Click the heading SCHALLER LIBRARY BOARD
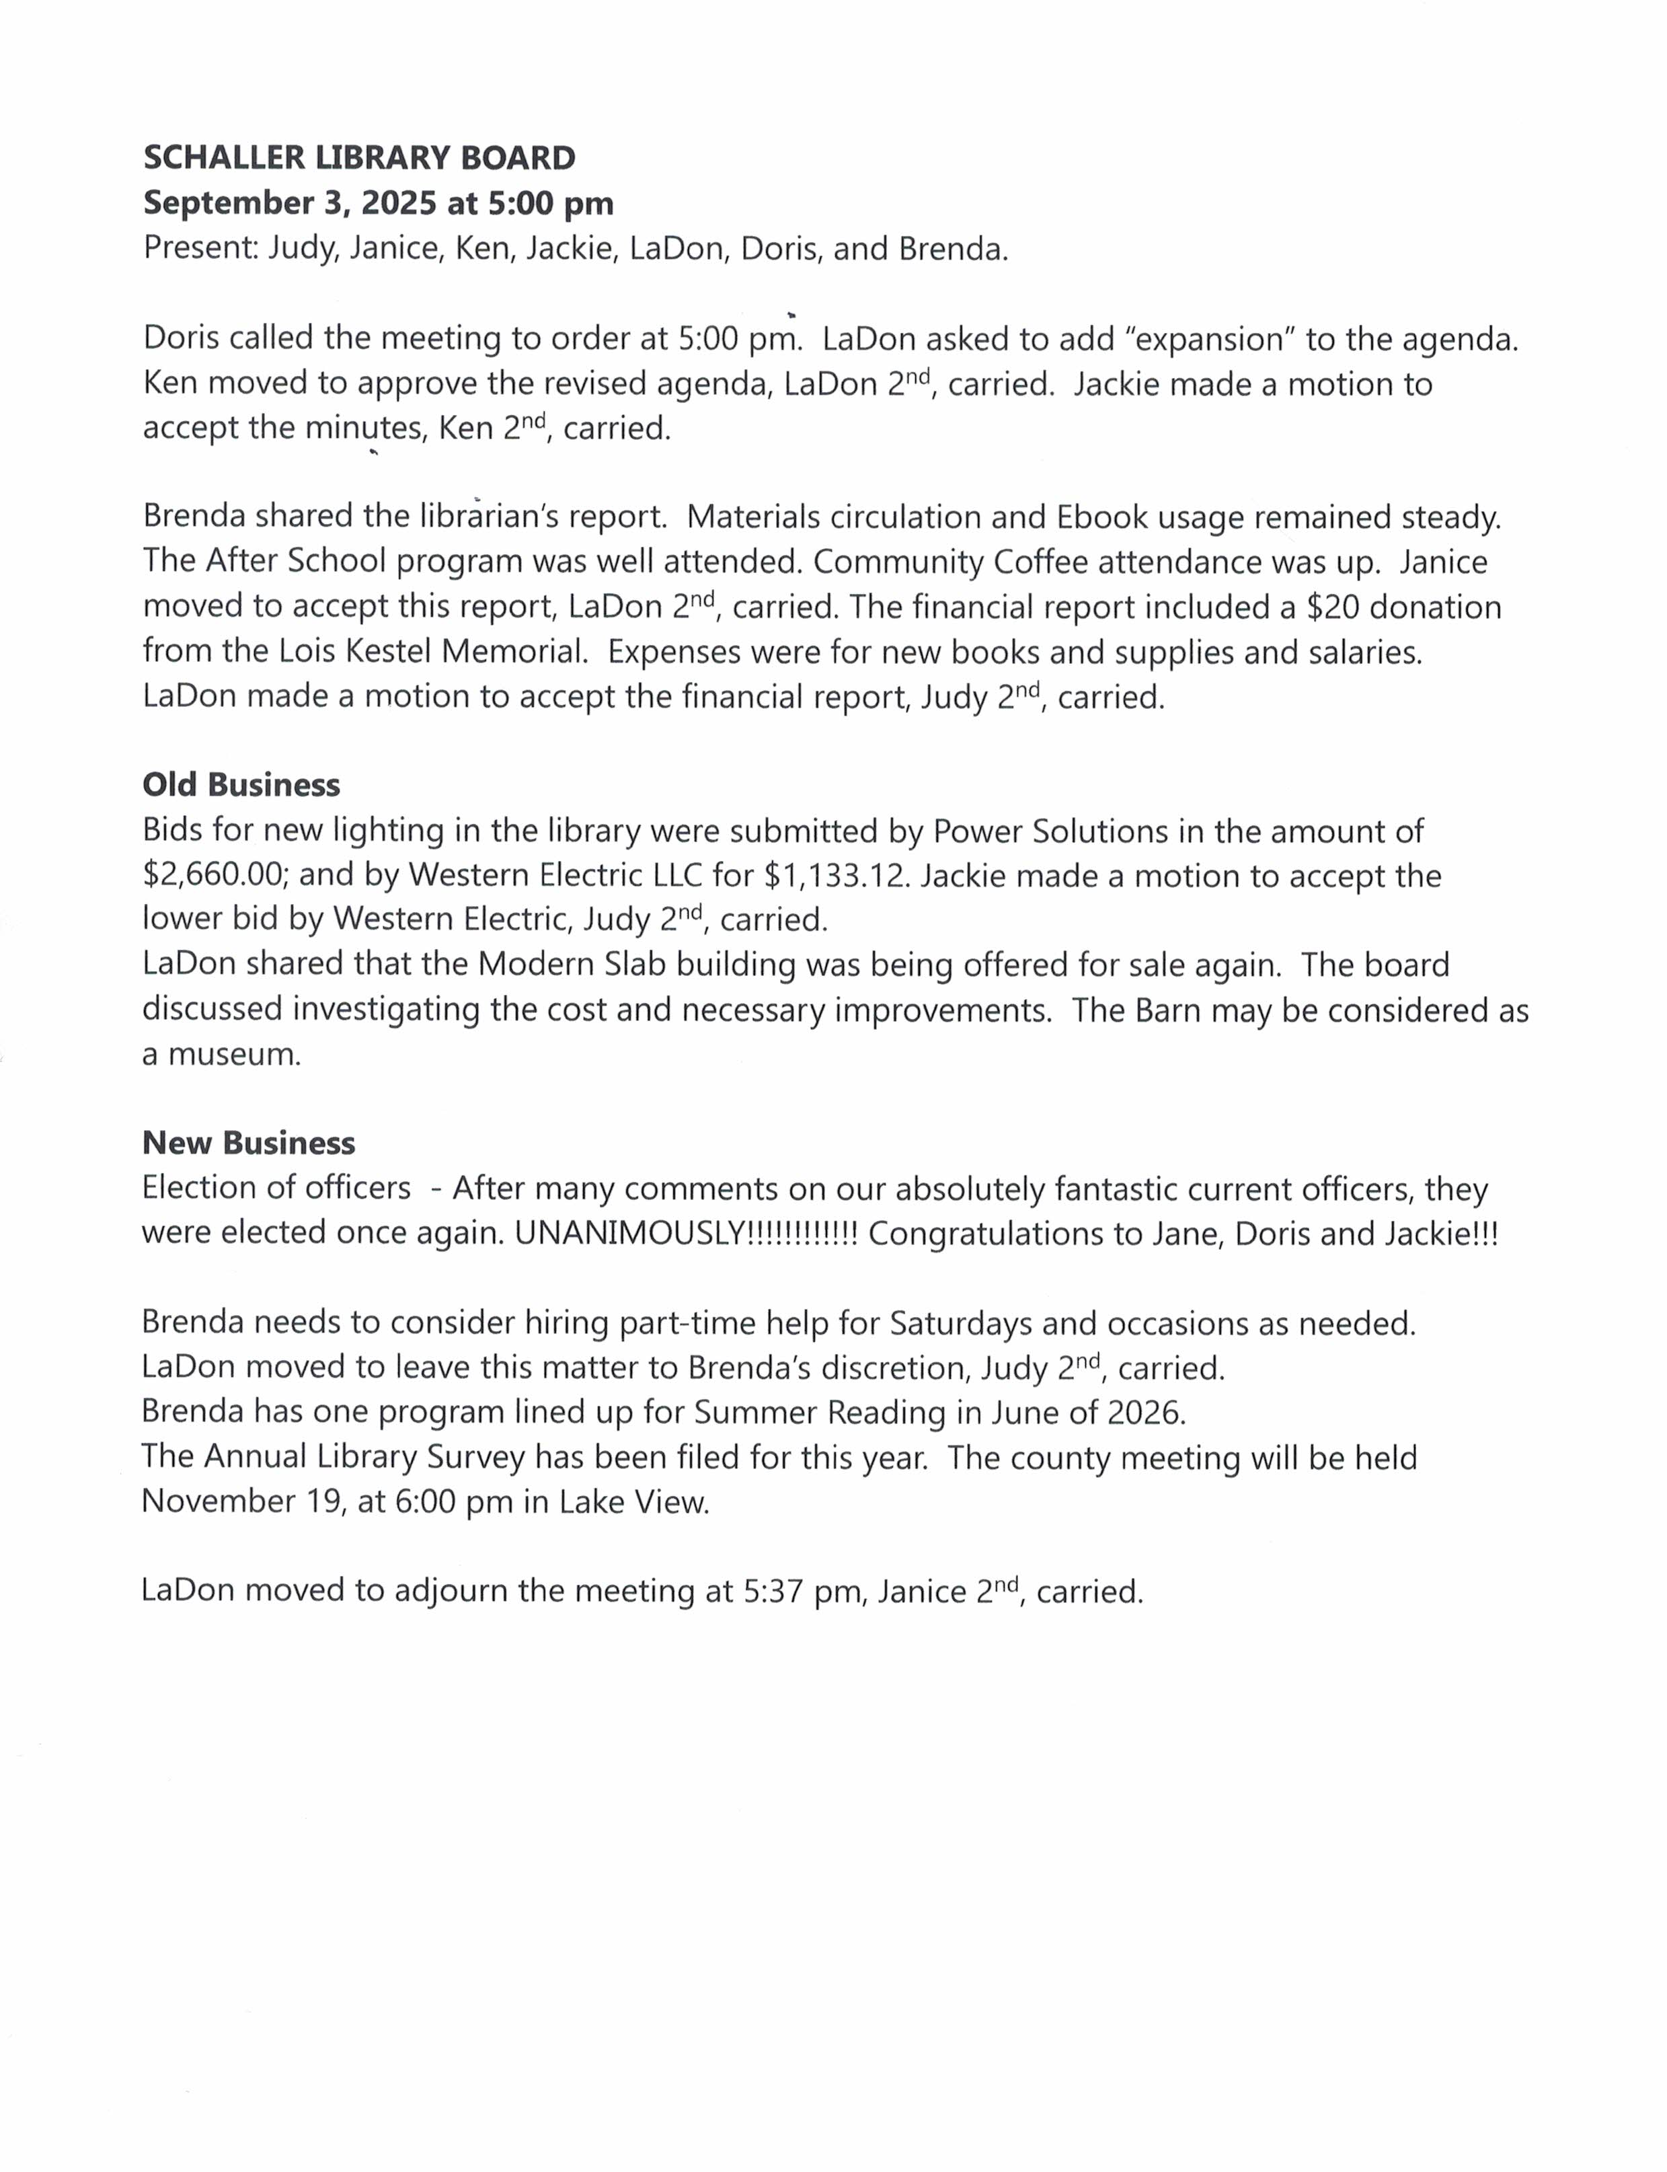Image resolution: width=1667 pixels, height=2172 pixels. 359,158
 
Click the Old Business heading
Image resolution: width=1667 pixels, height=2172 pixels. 241,785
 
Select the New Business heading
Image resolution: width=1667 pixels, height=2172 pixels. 248,1144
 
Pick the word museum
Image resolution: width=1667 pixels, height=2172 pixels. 234,1053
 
